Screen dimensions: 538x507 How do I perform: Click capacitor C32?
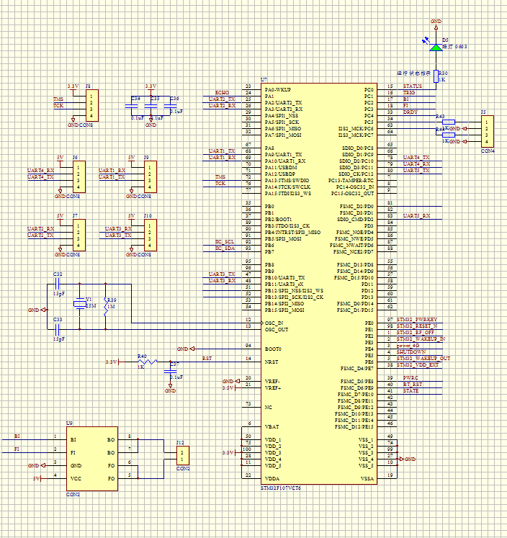click(x=58, y=284)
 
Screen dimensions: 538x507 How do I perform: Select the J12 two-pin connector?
click(x=182, y=454)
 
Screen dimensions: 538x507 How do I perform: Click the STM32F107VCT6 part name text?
click(x=281, y=488)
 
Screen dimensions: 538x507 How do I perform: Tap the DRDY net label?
click(x=410, y=112)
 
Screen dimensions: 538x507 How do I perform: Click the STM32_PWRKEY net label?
click(x=417, y=319)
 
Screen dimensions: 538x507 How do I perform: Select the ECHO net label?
click(x=222, y=93)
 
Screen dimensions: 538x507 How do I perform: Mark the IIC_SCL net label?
click(x=225, y=241)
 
